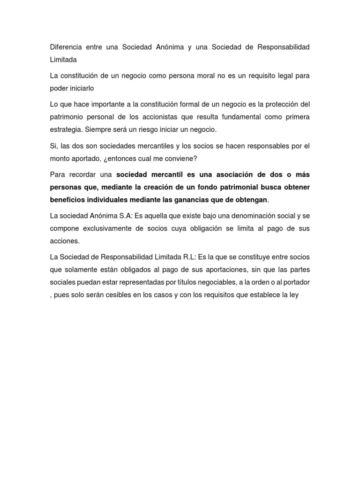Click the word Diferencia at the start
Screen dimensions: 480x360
pyautogui.click(x=66, y=47)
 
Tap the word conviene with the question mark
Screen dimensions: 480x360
pyautogui.click(x=182, y=158)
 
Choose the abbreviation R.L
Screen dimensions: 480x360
pyautogui.click(x=188, y=257)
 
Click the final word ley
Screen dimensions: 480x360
pyautogui.click(x=292, y=295)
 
